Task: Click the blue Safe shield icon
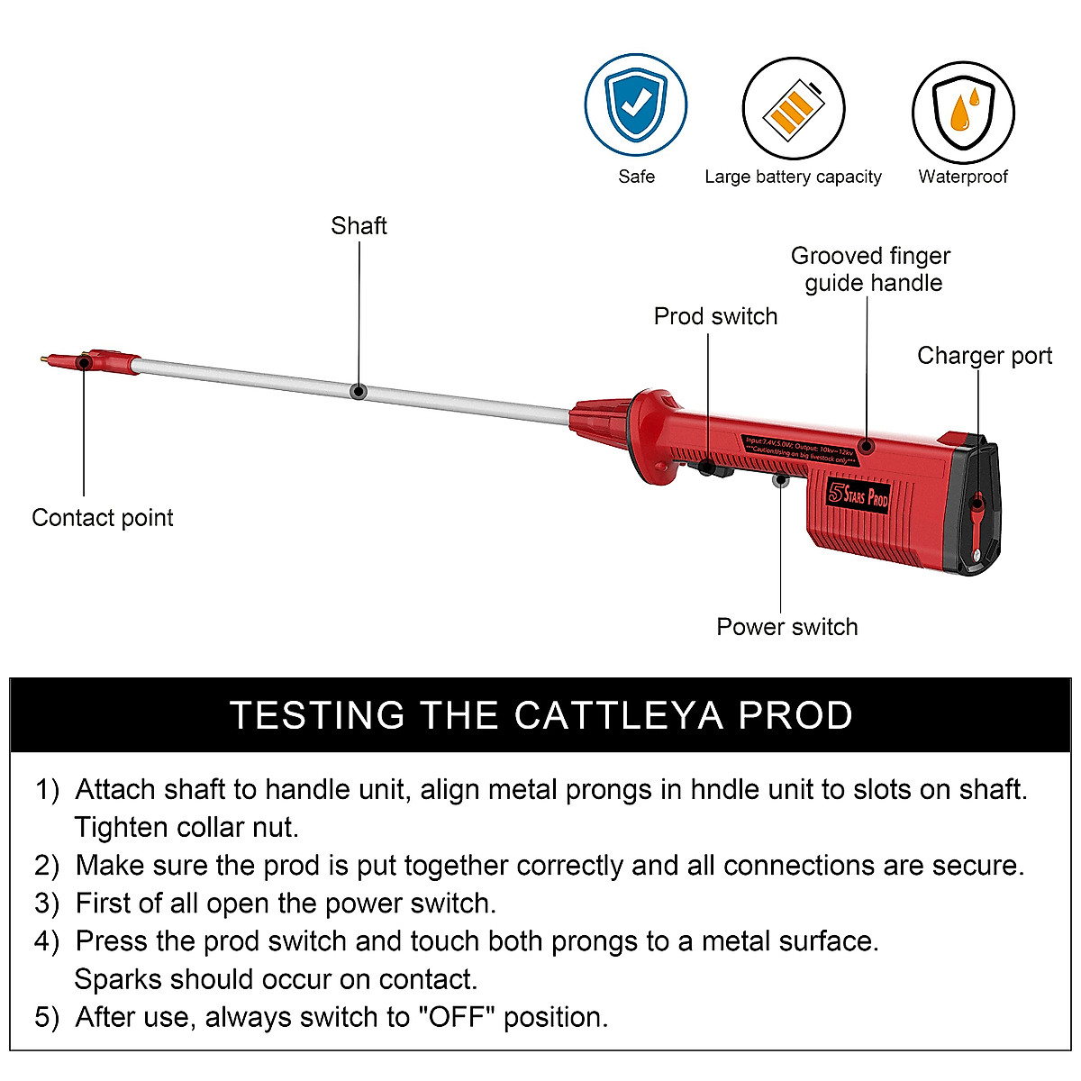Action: click(636, 105)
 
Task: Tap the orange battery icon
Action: click(794, 109)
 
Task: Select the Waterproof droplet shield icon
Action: click(963, 112)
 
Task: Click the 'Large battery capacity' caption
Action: click(793, 177)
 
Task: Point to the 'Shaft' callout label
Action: click(359, 225)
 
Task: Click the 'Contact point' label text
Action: click(103, 518)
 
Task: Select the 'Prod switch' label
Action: click(715, 316)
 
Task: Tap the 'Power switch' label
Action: click(786, 627)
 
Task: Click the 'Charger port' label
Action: click(984, 356)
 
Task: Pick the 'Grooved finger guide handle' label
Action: click(871, 269)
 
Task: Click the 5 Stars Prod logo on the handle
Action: click(858, 495)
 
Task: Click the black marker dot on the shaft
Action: click(359, 392)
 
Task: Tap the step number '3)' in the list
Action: click(47, 904)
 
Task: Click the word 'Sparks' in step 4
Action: click(118, 979)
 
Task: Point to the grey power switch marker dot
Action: click(781, 480)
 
